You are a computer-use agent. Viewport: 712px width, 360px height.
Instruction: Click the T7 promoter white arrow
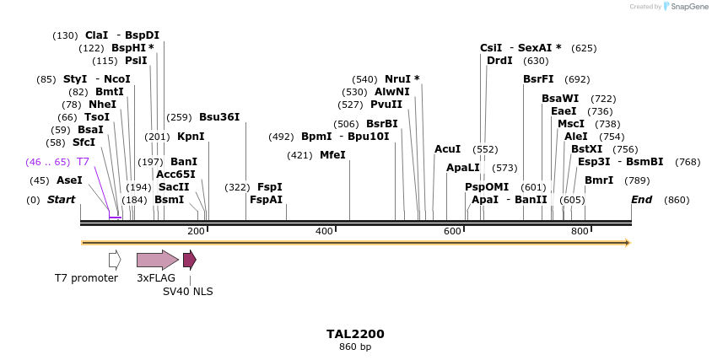tap(115, 260)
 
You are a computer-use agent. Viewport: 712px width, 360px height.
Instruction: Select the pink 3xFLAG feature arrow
tap(157, 260)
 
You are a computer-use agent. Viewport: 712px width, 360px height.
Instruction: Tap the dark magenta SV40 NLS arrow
tap(189, 260)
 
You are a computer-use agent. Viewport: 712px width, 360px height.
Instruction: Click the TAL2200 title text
tap(355, 334)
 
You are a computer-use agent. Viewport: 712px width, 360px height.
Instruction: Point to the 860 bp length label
tap(355, 347)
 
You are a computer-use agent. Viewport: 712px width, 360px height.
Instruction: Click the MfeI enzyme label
tap(332, 155)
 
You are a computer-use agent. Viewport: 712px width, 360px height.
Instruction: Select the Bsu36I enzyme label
tap(219, 117)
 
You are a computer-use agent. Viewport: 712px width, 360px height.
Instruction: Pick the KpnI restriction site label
tap(191, 136)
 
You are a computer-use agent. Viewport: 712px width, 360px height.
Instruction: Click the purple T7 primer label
tap(83, 162)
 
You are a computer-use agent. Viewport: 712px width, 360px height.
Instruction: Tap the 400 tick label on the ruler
tap(324, 231)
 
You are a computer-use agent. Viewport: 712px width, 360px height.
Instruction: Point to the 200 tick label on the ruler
tap(196, 231)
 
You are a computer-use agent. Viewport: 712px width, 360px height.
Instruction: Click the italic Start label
tap(61, 200)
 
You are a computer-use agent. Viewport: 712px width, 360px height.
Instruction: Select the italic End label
tap(642, 200)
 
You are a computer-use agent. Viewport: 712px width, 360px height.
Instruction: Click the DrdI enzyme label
tap(499, 61)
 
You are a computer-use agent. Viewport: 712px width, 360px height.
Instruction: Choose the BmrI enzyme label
tap(599, 180)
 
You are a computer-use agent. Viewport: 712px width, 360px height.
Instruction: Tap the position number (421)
tap(299, 155)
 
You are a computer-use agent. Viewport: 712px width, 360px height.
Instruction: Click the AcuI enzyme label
tap(447, 149)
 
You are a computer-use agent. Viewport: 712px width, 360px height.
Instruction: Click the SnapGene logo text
tap(688, 7)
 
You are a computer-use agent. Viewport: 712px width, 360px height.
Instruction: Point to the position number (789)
tap(637, 180)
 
